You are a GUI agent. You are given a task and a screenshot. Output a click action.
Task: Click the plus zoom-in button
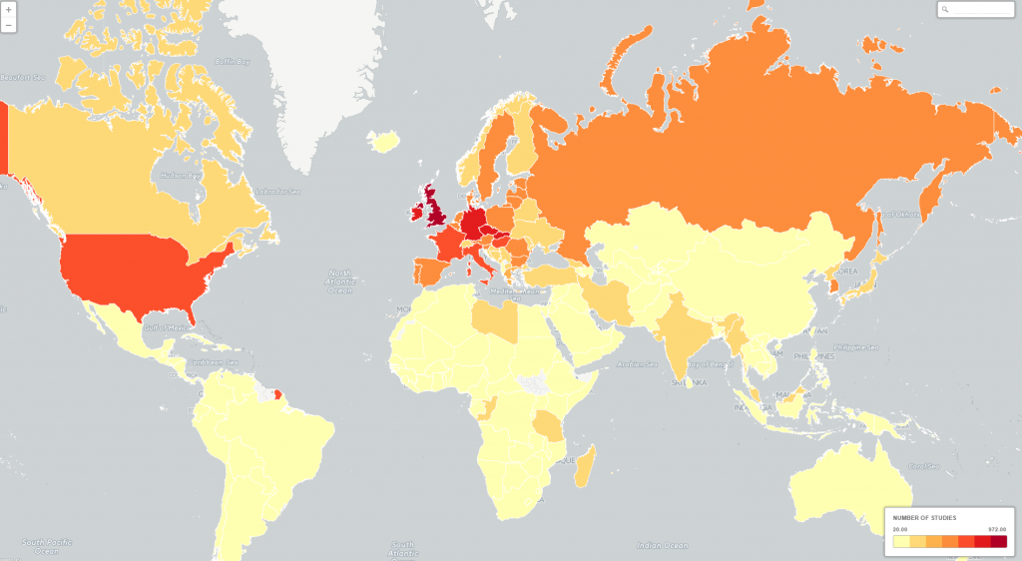8,10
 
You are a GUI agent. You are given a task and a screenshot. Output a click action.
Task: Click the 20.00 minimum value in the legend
900,529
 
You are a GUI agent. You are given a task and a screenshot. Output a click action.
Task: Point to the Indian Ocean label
663,546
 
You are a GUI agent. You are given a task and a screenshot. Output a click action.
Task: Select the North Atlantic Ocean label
341,280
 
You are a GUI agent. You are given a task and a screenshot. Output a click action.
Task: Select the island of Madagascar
587,467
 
